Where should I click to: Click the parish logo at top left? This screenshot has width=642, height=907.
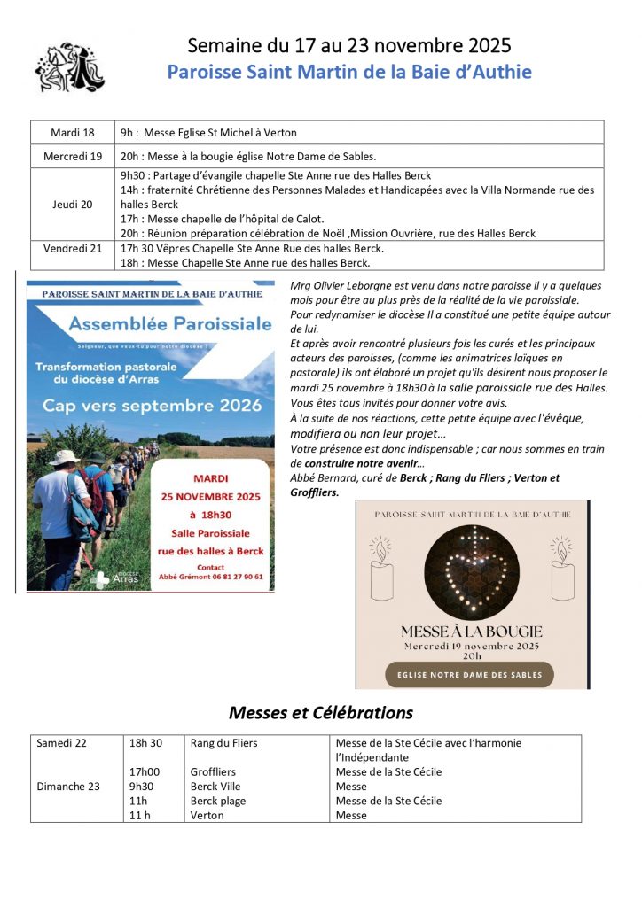[69, 66]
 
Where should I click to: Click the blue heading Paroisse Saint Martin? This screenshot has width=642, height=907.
[349, 72]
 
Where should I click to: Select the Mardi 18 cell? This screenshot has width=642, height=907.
[72, 133]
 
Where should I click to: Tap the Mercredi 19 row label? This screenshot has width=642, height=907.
[73, 156]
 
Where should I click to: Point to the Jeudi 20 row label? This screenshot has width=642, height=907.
[73, 204]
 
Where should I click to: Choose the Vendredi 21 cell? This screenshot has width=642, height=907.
[73, 248]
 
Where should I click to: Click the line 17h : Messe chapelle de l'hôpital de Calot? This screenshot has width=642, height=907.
[223, 219]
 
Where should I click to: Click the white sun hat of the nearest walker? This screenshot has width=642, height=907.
[63, 457]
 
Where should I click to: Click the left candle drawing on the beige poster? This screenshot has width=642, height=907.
[383, 575]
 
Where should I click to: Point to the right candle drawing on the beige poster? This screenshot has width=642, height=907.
[562, 575]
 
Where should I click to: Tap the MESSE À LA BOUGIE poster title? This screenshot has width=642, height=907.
[471, 632]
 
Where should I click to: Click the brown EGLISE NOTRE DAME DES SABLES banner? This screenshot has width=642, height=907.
[470, 674]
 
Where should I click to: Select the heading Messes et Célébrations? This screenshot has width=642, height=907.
[320, 712]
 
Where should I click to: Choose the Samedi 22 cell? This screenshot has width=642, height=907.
[62, 743]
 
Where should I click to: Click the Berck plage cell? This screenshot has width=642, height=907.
[218, 801]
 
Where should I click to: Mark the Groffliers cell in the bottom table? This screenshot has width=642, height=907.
[213, 772]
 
